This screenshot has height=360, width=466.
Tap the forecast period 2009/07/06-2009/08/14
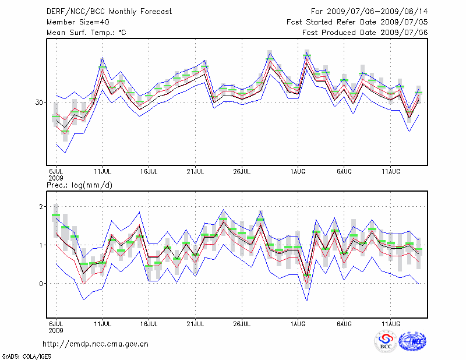coord(369,12)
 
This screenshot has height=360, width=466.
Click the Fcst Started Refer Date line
coord(357,22)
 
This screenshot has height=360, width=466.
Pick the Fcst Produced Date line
coord(365,33)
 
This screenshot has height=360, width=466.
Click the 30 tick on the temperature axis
coord(40,103)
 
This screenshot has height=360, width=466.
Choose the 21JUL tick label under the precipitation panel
coord(195,323)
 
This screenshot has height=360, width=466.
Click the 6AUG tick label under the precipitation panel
coord(344,323)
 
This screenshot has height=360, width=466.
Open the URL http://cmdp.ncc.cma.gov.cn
coord(96,344)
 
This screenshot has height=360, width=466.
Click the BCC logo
coord(386,341)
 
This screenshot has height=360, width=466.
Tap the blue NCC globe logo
coord(412,341)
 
